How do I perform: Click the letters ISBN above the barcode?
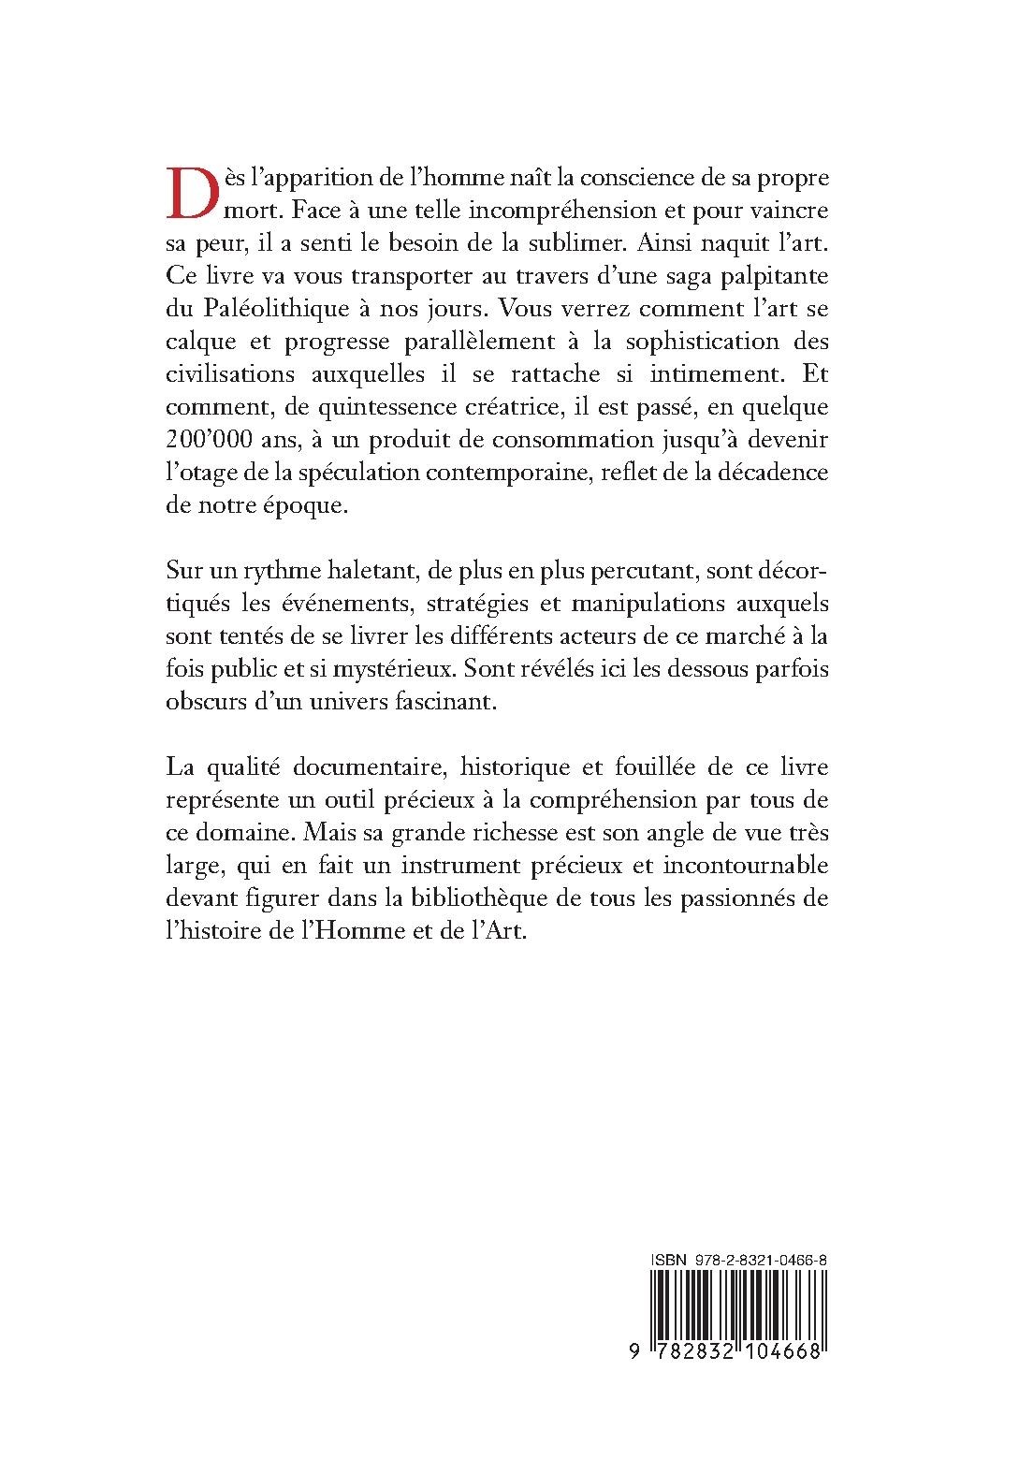pyautogui.click(x=669, y=1262)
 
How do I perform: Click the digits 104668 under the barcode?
pyautogui.click(x=782, y=1353)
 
